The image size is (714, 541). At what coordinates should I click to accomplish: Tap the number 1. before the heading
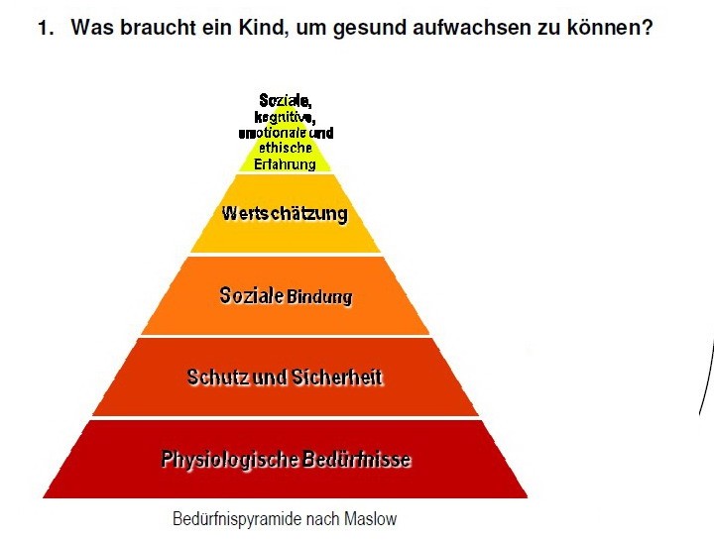click(46, 28)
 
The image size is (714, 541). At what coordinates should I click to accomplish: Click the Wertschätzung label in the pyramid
click(285, 213)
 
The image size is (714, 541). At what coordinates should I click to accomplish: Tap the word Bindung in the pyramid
click(319, 296)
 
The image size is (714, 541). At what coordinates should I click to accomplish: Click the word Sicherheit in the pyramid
click(337, 378)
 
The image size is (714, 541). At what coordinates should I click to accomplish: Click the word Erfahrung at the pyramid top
click(285, 163)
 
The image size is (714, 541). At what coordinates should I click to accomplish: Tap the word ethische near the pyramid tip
click(286, 148)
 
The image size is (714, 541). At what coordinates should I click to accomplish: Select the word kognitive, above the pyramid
click(285, 117)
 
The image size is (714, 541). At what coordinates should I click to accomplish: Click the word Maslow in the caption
click(370, 518)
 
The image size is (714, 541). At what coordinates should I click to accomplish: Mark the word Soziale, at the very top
click(286, 100)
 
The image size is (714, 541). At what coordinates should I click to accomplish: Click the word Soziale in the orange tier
click(251, 295)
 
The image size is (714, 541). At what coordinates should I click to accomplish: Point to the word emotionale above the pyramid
click(273, 133)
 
